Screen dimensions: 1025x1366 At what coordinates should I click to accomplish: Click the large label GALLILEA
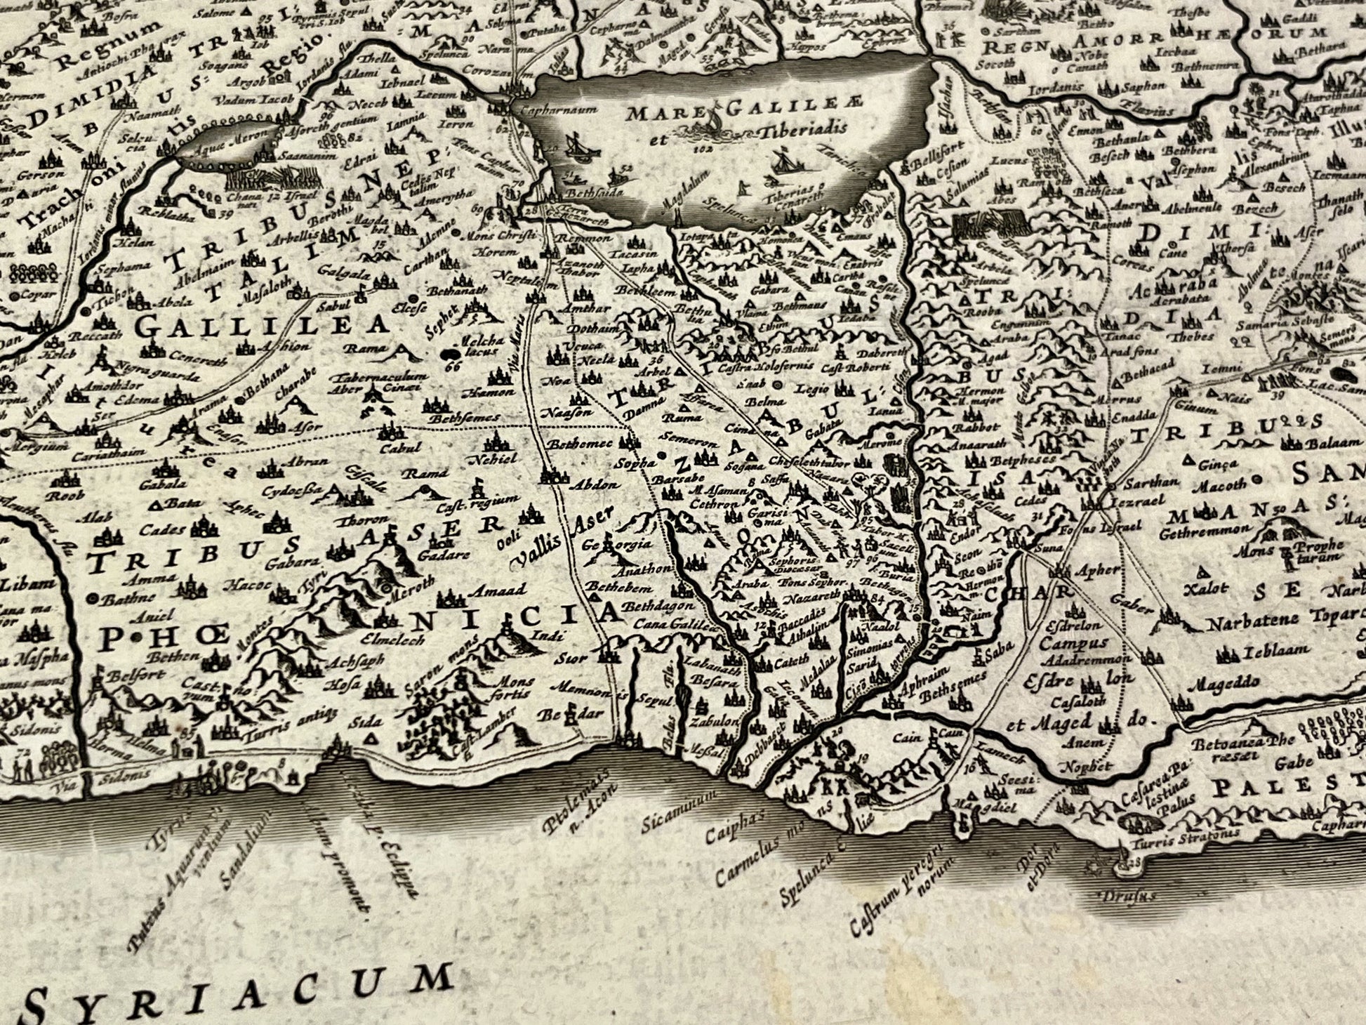(x=261, y=326)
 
